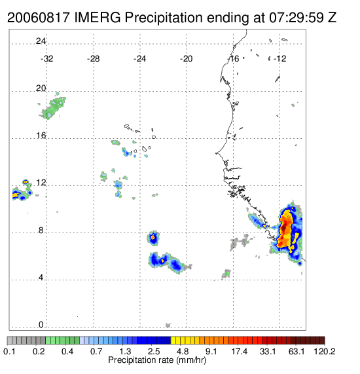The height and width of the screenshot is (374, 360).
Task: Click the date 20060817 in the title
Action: (39, 18)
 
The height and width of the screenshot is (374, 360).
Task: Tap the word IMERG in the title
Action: (98, 18)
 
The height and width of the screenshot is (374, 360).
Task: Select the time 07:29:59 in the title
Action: (297, 18)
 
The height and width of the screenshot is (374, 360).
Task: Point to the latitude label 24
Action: (41, 41)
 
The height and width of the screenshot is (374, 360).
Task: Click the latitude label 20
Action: (41, 88)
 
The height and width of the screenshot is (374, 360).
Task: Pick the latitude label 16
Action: (41, 136)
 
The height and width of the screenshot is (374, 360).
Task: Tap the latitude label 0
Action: (41, 325)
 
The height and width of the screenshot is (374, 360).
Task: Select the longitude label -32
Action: (46, 58)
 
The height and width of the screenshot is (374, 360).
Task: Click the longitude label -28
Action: (93, 58)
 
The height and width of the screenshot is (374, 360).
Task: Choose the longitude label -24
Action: (139, 58)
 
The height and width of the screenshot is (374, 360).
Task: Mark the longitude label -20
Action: (186, 58)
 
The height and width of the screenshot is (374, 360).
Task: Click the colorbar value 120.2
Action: (325, 351)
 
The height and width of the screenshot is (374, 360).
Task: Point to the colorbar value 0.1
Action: (9, 351)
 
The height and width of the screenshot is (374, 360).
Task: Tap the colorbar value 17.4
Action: (240, 351)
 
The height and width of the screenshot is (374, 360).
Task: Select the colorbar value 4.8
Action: (183, 351)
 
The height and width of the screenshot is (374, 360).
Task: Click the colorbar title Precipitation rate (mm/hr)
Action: (157, 360)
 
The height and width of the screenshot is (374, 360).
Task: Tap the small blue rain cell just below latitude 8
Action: (153, 238)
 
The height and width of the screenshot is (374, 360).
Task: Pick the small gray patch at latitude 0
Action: (168, 325)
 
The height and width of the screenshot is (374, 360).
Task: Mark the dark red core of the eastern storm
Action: (283, 228)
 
